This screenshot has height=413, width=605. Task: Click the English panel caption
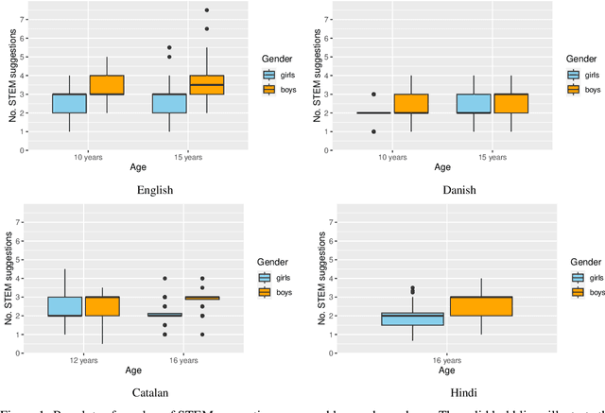point(155,189)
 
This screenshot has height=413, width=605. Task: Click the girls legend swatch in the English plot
point(268,75)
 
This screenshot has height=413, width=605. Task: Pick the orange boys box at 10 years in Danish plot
point(411,103)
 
